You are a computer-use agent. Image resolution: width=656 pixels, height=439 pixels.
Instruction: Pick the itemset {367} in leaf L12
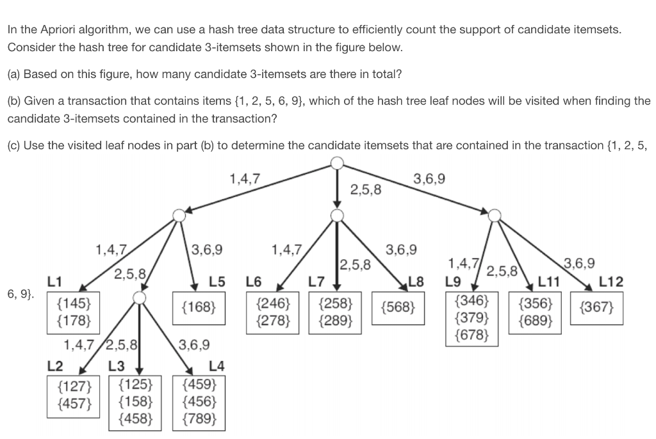[x=596, y=308]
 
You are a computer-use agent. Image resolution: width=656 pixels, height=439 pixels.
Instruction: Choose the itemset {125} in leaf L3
[x=136, y=385]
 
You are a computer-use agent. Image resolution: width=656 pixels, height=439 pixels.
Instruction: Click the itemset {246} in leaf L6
[x=272, y=301]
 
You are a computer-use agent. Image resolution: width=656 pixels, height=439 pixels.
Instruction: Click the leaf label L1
[x=55, y=280]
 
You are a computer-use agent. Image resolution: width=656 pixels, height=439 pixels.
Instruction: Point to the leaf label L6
[x=254, y=280]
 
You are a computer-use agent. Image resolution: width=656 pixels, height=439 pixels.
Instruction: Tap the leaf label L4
[x=217, y=366]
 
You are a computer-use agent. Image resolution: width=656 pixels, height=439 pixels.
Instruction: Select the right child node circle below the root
[x=495, y=216]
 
